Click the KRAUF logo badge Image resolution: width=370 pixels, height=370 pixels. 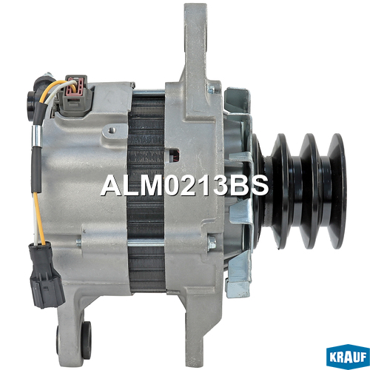click(348, 356)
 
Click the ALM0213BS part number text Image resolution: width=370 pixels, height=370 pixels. click(184, 186)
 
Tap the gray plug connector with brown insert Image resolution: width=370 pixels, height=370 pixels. click(75, 95)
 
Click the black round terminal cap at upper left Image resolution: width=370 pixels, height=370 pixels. click(31, 106)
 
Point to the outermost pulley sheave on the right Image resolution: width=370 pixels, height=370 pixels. click(337, 191)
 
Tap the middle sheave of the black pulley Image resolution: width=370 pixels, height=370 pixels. click(310, 191)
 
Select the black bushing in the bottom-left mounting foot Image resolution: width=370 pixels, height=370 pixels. click(87, 340)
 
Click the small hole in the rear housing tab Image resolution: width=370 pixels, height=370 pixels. click(112, 129)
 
